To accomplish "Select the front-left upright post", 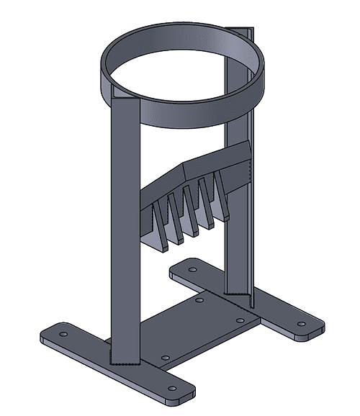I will pyautogui.click(x=123, y=238).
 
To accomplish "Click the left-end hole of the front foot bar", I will pyautogui.click(x=63, y=335).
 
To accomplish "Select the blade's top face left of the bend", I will pyautogui.click(x=162, y=181).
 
